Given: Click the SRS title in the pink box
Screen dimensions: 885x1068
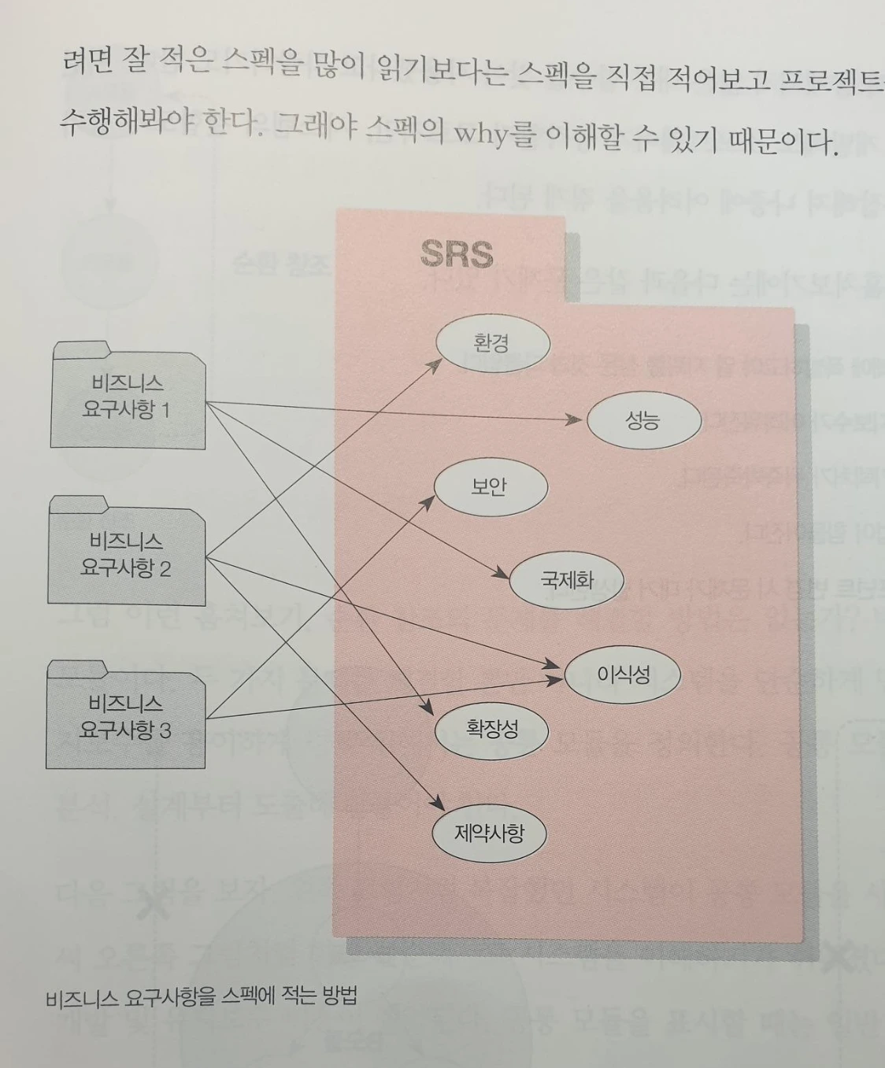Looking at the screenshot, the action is (x=457, y=253).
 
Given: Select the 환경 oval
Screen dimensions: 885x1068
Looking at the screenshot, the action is (x=492, y=344).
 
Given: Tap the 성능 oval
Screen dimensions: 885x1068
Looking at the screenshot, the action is (x=642, y=420).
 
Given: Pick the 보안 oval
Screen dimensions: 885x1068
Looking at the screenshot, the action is (x=489, y=487).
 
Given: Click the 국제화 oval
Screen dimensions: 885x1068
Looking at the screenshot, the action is (x=567, y=581).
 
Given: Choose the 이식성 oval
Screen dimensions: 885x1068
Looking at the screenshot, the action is (x=623, y=674).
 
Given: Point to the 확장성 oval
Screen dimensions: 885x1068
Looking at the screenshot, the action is (x=491, y=729).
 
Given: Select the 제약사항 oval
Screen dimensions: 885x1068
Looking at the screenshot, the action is (x=489, y=833).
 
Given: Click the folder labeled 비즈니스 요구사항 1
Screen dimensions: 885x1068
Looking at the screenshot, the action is (x=128, y=397).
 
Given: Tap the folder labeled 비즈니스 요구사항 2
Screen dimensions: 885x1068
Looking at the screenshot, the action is (x=126, y=554).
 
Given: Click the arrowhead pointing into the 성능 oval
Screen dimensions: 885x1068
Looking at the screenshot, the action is (x=575, y=420).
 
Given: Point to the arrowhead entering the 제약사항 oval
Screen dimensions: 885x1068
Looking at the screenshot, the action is (x=437, y=804).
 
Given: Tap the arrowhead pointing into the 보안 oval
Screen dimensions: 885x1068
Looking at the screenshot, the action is (x=429, y=501).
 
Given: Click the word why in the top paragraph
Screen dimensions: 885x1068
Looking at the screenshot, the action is (x=481, y=134).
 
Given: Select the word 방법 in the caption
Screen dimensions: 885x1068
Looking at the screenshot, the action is (x=339, y=996).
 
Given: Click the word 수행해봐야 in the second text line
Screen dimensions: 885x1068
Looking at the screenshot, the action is (x=126, y=122).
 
